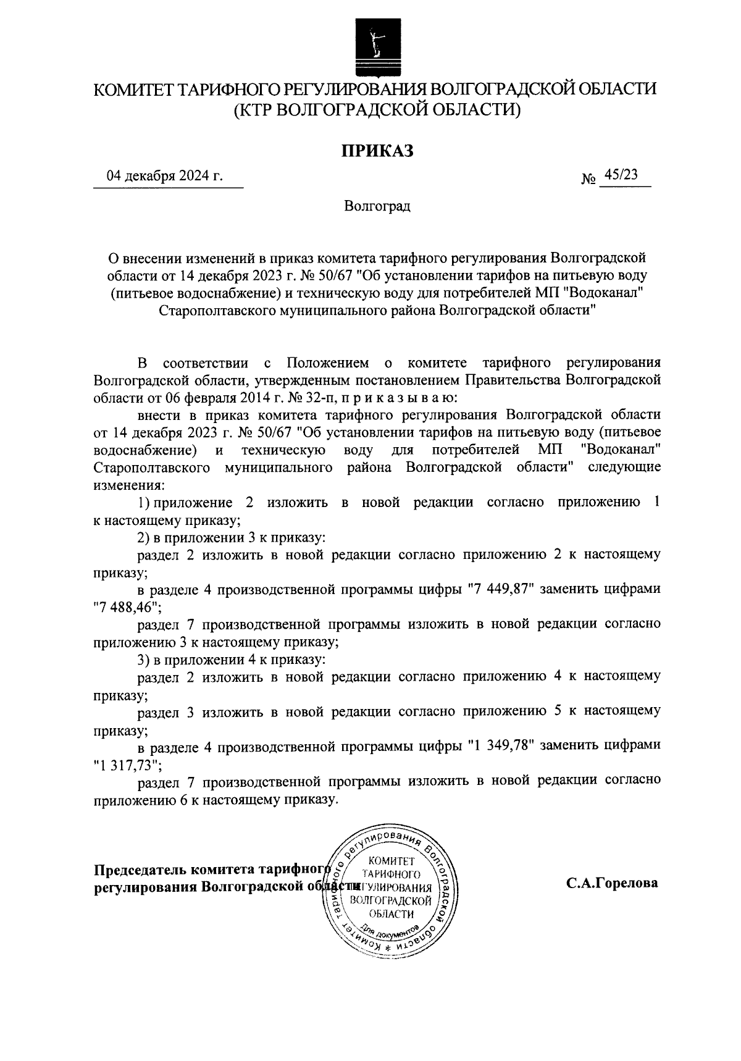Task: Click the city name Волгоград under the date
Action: (377, 206)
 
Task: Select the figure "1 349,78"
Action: (501, 745)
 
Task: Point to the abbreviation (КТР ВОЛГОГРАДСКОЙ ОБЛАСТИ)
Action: (377, 110)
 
